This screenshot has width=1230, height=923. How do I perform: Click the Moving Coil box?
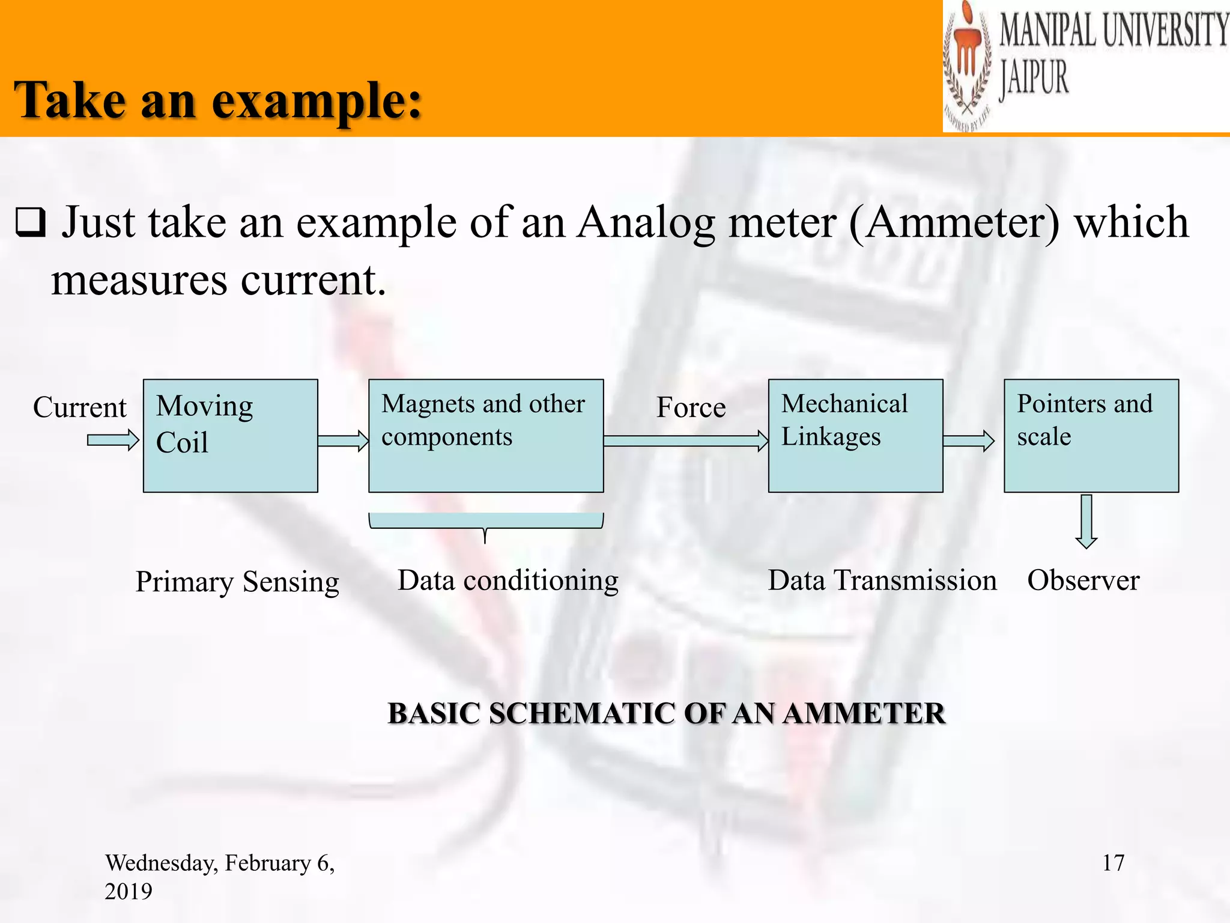(x=230, y=436)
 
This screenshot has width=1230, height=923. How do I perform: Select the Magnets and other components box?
(x=486, y=436)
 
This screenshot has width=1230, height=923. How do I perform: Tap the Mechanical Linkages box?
(x=855, y=436)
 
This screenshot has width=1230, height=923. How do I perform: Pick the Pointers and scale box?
(x=1091, y=436)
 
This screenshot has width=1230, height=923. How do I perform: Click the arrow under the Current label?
(x=113, y=440)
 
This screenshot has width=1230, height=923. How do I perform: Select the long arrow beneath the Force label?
(x=685, y=440)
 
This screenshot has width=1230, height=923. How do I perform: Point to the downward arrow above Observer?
(x=1086, y=521)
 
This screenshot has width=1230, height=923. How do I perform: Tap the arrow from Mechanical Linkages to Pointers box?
(x=968, y=440)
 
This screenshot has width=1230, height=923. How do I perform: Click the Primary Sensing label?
(x=237, y=582)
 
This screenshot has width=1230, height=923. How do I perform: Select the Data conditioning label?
(x=507, y=580)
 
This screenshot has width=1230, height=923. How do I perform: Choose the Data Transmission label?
(x=882, y=580)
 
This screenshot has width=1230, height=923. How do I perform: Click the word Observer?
(x=1083, y=580)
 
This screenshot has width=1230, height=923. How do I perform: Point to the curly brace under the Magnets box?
(x=485, y=522)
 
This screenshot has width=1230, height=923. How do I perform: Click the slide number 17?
(x=1113, y=863)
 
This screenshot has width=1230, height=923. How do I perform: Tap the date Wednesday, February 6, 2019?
(x=219, y=876)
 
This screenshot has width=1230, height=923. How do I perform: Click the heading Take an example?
(x=219, y=100)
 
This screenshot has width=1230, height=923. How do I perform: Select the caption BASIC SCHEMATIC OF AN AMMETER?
(x=666, y=713)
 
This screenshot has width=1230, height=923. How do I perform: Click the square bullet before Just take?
(x=30, y=223)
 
